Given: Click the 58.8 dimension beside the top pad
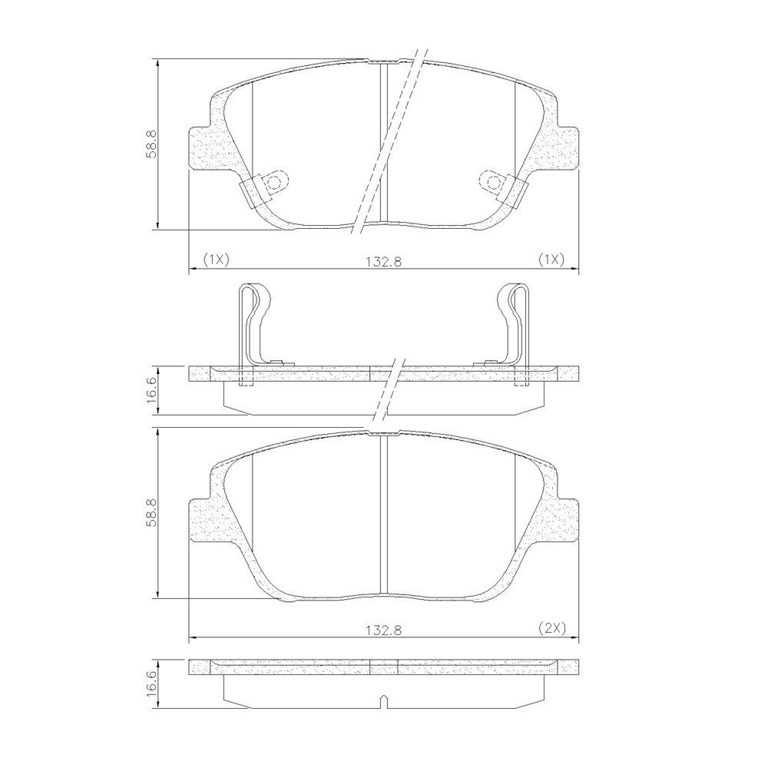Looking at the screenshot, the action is click(151, 144).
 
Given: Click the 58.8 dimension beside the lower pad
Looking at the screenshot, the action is click(151, 512).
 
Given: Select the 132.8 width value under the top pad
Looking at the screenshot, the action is click(383, 262).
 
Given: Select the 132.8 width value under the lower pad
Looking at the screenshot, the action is click(383, 631).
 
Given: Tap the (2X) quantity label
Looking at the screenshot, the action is click(552, 627).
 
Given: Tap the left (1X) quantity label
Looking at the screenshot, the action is click(216, 259).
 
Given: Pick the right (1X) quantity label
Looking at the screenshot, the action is click(551, 259).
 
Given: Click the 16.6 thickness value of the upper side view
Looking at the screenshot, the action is click(151, 389).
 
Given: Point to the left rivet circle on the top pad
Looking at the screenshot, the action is click(274, 183).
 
